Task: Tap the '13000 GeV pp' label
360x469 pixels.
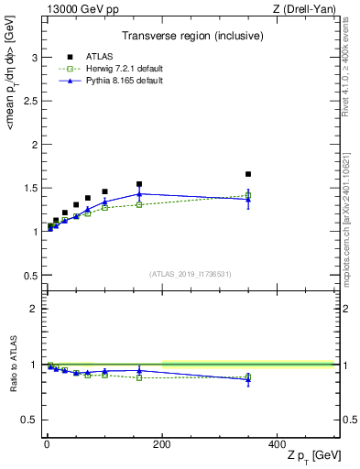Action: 77,9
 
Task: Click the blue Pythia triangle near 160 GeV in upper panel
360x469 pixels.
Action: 139,193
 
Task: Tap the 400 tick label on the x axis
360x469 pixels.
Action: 277,443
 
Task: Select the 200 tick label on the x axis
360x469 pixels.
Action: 162,443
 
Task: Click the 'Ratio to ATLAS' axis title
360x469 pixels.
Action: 11,364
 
